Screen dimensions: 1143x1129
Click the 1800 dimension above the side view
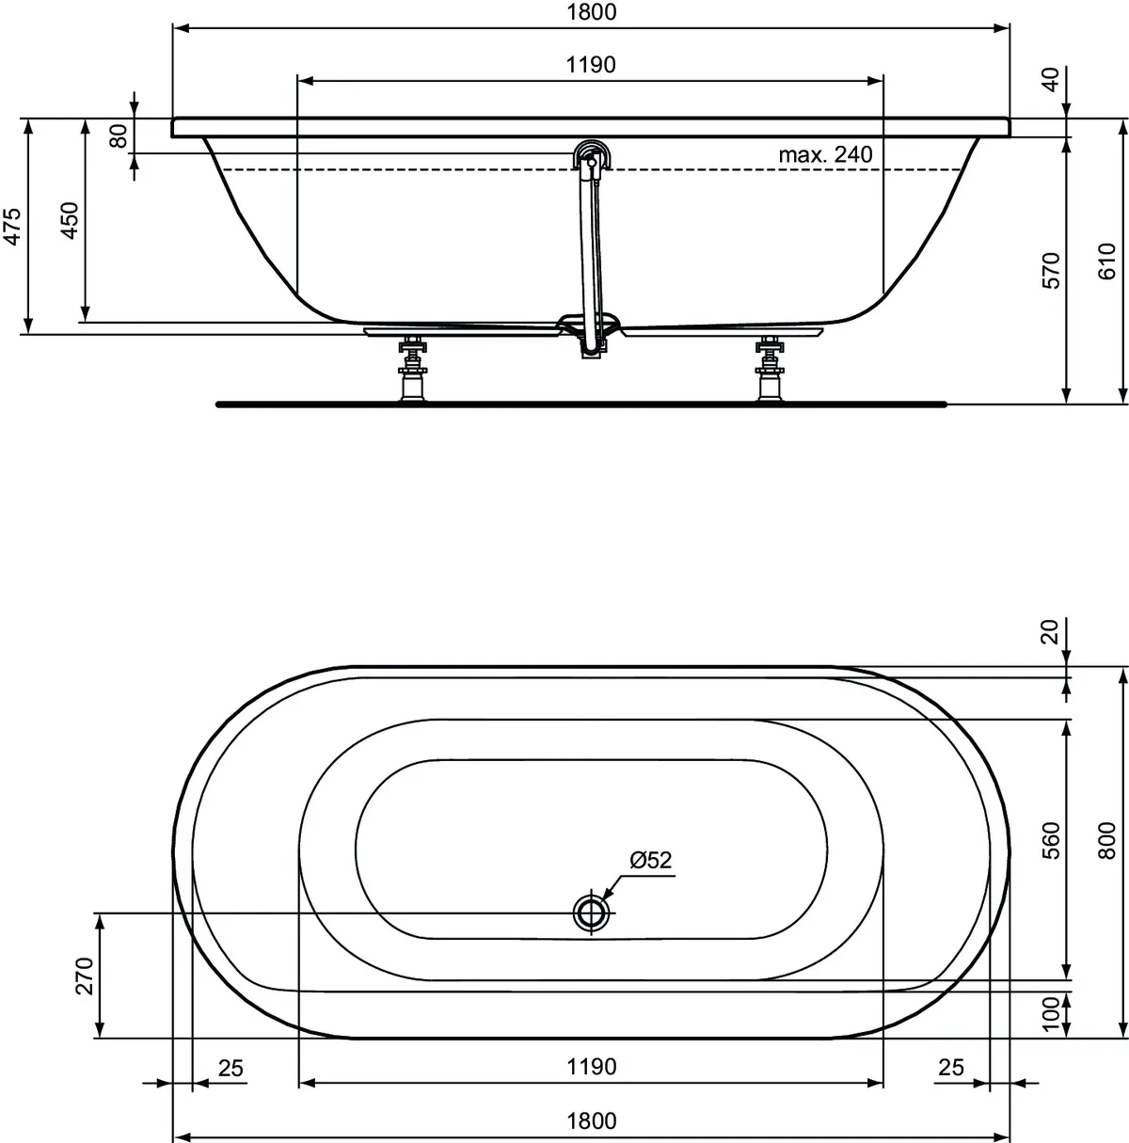coord(591,13)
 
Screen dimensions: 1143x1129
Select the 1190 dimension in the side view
coord(591,65)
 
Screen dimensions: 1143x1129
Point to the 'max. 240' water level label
coord(825,154)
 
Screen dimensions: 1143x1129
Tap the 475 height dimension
coord(12,227)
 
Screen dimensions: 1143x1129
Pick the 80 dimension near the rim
coord(119,136)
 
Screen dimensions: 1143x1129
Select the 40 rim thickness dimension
coord(1051,79)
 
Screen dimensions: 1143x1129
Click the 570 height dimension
coord(1051,270)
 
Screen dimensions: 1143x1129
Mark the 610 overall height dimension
coord(1107,260)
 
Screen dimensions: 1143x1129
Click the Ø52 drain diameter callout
coord(651,859)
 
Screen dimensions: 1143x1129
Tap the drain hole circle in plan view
coord(591,912)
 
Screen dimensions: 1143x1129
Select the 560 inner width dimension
coord(1051,840)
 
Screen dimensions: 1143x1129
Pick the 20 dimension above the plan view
coord(1051,631)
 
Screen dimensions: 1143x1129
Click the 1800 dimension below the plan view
coord(591,1120)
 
